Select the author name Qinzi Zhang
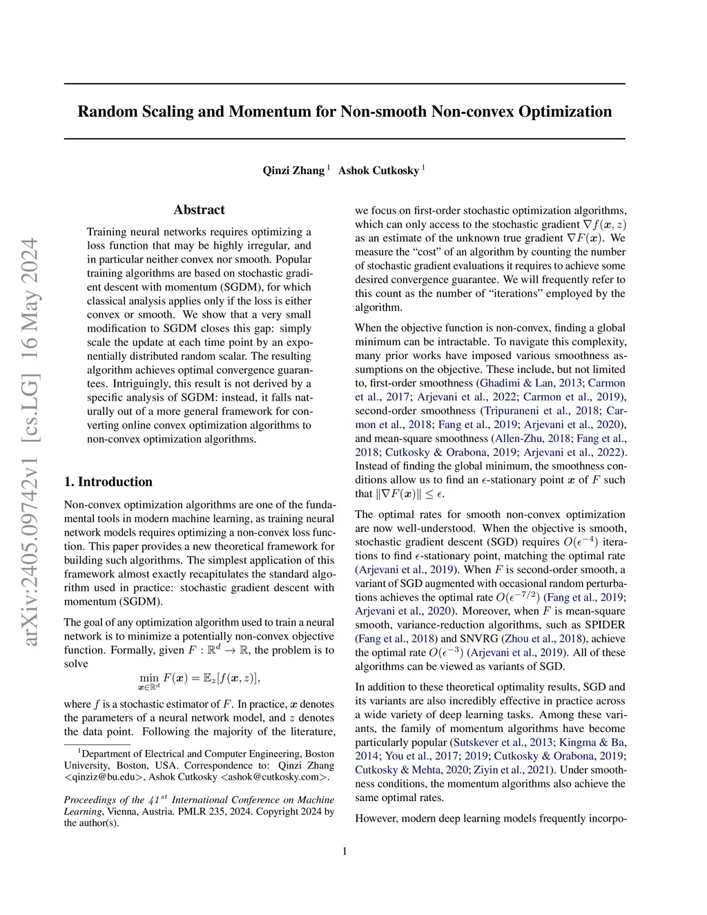[x=293, y=171]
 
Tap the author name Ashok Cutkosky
[x=378, y=171]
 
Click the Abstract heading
[x=199, y=210]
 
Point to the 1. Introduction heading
[x=108, y=482]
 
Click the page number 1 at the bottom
[x=345, y=851]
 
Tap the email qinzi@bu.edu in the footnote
[x=104, y=777]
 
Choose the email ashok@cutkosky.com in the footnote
[x=274, y=777]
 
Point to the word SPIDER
[x=604, y=625]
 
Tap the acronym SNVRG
[x=480, y=639]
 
